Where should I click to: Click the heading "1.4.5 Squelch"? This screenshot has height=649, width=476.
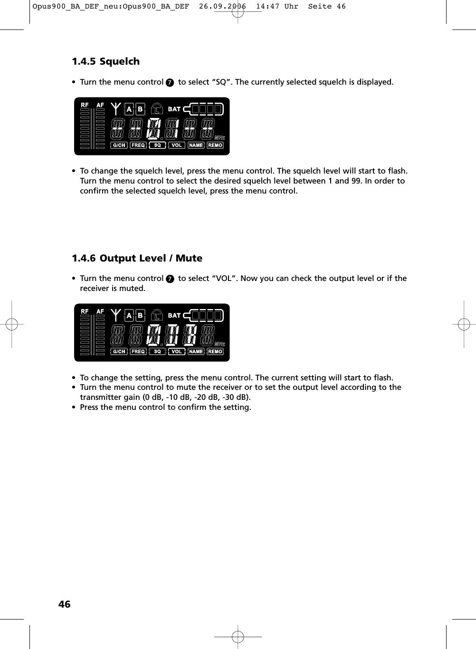point(105,61)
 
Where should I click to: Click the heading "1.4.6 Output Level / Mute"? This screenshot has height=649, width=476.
point(137,258)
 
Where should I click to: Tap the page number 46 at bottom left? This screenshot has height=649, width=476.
point(64,604)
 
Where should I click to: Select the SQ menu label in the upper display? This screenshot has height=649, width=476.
point(157,145)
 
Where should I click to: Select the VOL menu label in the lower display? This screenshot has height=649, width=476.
point(177,351)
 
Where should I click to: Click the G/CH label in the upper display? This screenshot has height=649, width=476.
point(119,145)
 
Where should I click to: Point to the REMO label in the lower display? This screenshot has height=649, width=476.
point(215,351)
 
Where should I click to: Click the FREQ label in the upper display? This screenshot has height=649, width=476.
point(138,145)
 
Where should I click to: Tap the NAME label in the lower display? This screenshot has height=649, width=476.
point(196,351)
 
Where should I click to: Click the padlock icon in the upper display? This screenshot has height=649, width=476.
point(157,109)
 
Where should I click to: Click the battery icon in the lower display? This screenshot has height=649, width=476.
point(203,315)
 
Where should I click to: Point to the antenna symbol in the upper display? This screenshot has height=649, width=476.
point(115,108)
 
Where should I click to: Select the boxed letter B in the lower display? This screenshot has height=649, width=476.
point(140,315)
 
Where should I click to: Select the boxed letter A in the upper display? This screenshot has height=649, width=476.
point(129,109)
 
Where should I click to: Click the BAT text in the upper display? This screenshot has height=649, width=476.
point(174,109)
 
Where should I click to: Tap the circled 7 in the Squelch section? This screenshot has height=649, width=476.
point(170,83)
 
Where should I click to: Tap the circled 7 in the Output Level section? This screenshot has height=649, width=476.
point(170,279)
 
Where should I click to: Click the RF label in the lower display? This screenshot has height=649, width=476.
point(85,311)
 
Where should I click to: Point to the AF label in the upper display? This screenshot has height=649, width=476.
point(100,105)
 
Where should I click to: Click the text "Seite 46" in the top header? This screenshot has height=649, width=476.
point(327,7)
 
